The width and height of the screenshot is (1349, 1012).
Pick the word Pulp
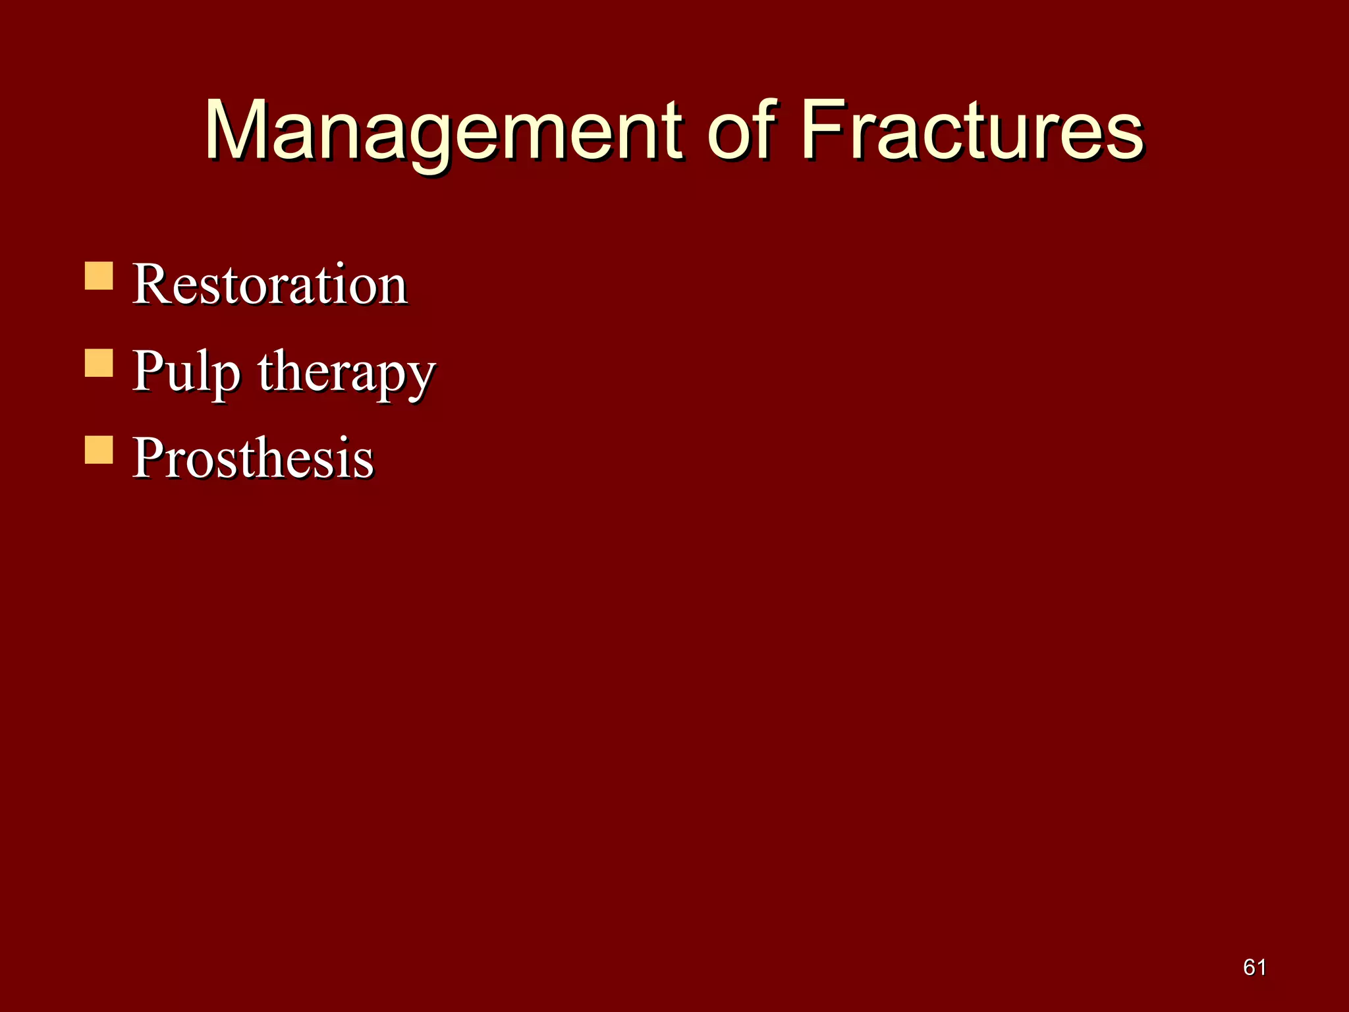pyautogui.click(x=185, y=371)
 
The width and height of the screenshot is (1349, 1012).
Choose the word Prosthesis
pyautogui.click(x=252, y=457)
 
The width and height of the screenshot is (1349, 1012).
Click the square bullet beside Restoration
pyautogui.click(x=99, y=276)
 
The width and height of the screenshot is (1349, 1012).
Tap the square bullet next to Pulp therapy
pyautogui.click(x=99, y=363)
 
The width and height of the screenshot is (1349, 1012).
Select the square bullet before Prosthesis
pyautogui.click(x=99, y=450)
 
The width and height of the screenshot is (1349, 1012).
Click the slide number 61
pyautogui.click(x=1254, y=967)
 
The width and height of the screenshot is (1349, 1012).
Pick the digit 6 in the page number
pyautogui.click(x=1249, y=967)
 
